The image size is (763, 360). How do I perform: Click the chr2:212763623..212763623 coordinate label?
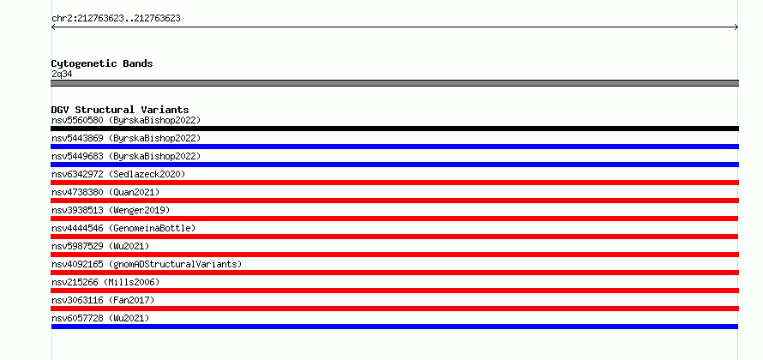(116, 19)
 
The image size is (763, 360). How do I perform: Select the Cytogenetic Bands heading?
(102, 63)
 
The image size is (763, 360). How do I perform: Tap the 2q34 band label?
(62, 75)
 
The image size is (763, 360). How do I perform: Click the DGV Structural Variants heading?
(120, 110)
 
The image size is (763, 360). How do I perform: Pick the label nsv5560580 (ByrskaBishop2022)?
(126, 120)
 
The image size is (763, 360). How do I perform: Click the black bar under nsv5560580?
(394, 129)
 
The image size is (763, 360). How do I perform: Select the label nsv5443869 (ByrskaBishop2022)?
(126, 138)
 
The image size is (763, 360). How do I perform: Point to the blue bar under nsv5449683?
(394, 165)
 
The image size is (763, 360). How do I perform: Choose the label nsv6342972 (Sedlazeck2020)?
(118, 174)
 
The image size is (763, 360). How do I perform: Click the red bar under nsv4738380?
(394, 201)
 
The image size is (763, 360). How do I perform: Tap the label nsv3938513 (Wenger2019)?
(111, 210)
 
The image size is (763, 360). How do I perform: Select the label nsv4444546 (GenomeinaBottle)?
(123, 228)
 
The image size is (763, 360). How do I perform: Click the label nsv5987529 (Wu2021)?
(100, 246)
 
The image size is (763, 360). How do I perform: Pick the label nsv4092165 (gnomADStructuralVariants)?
(147, 264)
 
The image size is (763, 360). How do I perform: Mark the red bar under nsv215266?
(394, 291)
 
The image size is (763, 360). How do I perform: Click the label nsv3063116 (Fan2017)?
(103, 300)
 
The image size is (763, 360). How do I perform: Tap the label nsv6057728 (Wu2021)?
(100, 318)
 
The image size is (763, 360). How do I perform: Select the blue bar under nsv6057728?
(394, 327)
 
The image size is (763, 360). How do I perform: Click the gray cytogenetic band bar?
(394, 83)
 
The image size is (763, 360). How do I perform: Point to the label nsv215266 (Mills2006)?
(105, 282)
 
